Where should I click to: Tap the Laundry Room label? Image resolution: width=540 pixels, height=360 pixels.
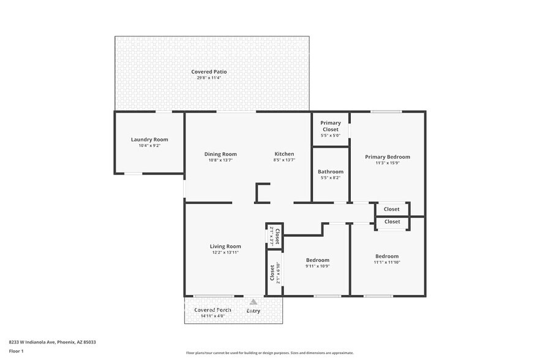(149, 140)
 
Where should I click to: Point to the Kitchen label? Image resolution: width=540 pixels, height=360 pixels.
(284, 154)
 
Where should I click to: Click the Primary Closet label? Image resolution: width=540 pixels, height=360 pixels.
(331, 126)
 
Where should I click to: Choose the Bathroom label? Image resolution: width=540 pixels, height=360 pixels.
(331, 171)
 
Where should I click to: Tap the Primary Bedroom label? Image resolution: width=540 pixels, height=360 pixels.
(388, 157)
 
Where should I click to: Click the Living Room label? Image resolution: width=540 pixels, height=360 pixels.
(225, 246)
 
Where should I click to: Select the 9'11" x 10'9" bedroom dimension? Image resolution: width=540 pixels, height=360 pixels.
(318, 266)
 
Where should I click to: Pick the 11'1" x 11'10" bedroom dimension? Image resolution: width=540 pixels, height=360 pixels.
(387, 263)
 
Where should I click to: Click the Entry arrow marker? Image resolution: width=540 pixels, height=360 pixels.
(253, 301)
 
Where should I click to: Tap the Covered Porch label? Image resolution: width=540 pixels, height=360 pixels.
(212, 310)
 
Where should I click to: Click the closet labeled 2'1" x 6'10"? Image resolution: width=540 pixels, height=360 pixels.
(274, 272)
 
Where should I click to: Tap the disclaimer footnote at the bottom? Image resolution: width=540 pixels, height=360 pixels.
(269, 353)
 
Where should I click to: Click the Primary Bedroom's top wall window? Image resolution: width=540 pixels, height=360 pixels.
(386, 111)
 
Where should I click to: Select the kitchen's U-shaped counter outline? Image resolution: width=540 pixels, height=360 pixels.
(262, 193)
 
